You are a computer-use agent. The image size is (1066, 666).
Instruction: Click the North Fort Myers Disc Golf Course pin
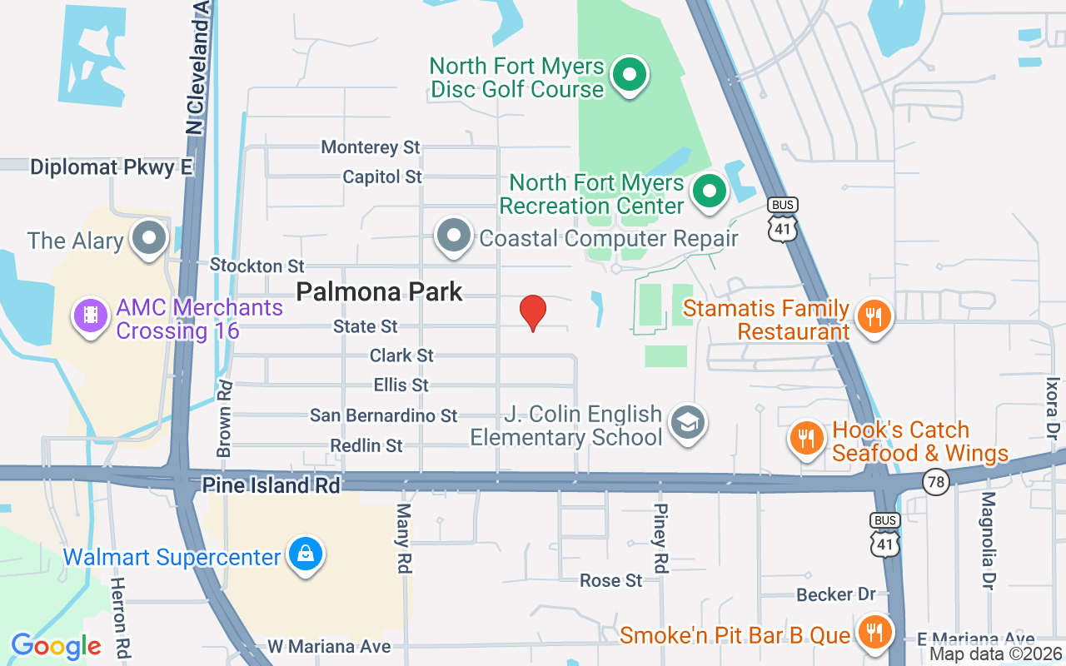pos(630,76)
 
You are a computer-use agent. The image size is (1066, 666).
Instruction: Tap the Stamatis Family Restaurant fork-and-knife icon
pos(873,316)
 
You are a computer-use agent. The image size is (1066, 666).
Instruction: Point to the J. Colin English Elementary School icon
pos(690,423)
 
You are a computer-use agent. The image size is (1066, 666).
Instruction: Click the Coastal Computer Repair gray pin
pos(454,236)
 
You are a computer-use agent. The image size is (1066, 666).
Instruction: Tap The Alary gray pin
pos(150,238)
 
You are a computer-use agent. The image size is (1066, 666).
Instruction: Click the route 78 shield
pos(936,481)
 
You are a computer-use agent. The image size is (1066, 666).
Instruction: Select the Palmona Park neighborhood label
pos(379,291)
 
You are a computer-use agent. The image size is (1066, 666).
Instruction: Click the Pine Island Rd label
pos(271,485)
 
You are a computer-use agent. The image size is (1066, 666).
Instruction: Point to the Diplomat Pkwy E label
pos(112,167)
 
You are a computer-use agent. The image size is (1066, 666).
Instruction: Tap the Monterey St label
pos(371,147)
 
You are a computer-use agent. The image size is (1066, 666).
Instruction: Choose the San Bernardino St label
pos(384,415)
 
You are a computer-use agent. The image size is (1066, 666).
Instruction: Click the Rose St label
pos(611,580)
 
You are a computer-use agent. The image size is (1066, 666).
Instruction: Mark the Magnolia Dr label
pos(988,540)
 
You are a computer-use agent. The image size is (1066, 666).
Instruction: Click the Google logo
pos(57,646)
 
